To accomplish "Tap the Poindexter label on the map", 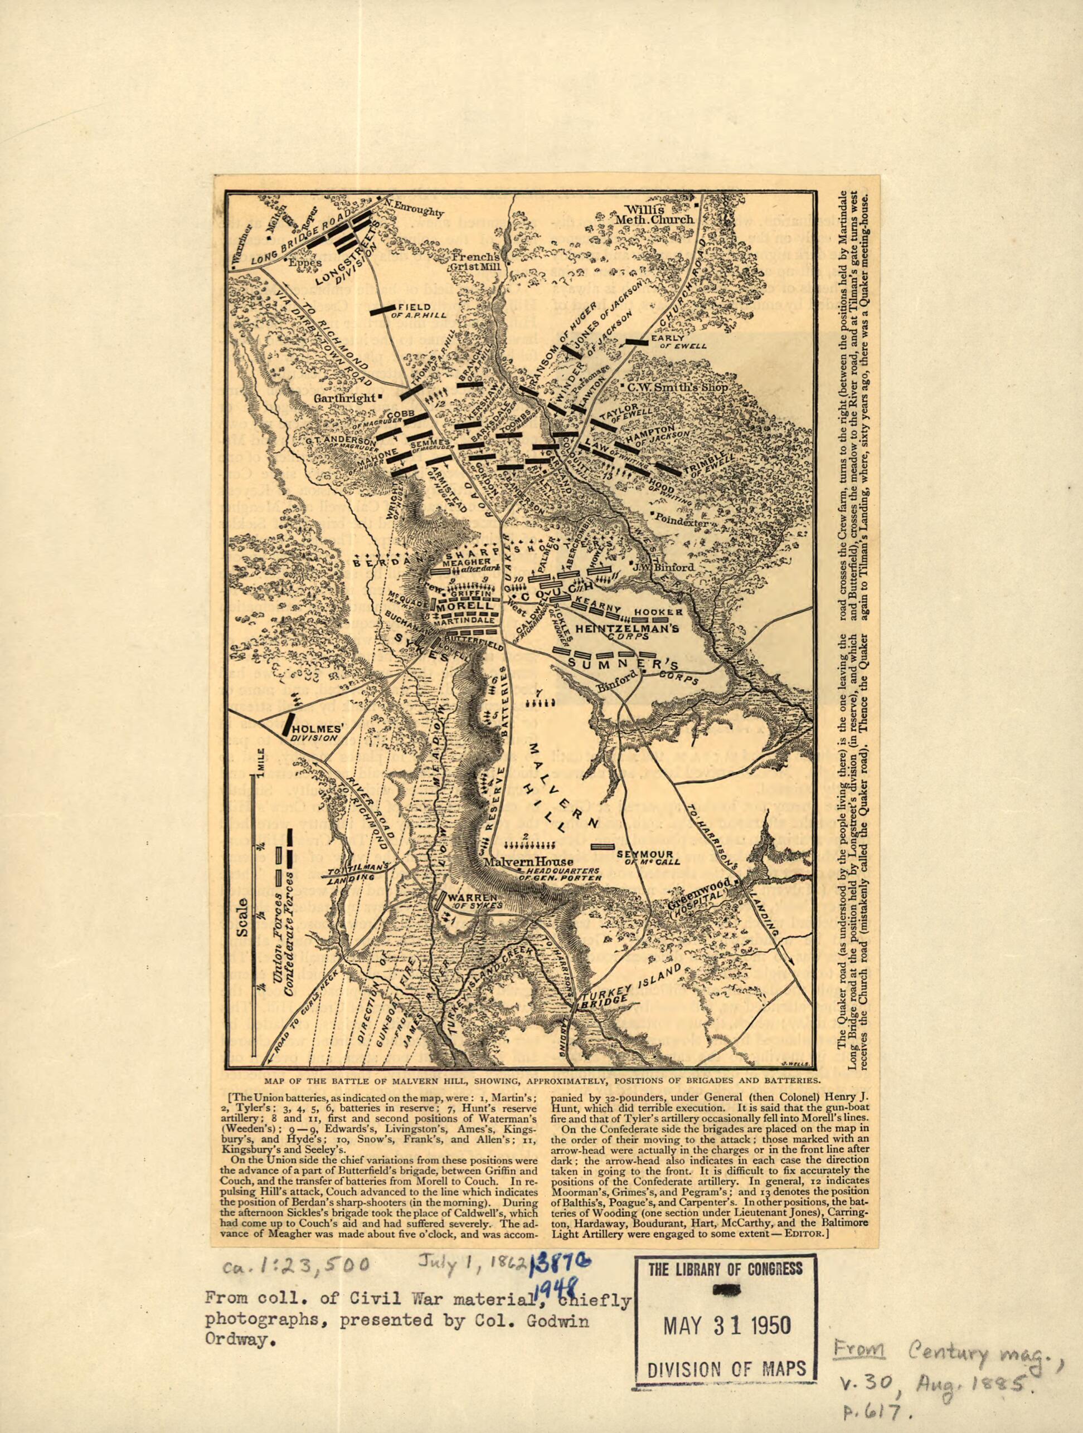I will click(x=684, y=518).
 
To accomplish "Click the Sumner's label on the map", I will click(x=624, y=664).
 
